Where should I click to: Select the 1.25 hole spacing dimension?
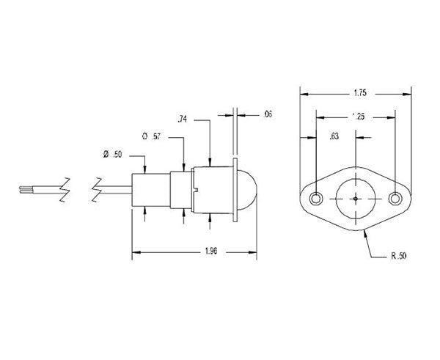point(357,116)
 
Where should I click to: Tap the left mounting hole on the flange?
point(317,199)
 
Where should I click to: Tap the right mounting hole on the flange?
point(395,199)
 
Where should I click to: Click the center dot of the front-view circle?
point(356,198)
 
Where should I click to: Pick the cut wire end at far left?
point(21,190)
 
